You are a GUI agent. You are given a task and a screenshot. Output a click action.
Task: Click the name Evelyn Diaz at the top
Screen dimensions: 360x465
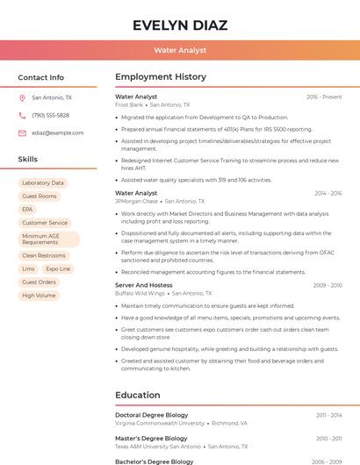pos(180,25)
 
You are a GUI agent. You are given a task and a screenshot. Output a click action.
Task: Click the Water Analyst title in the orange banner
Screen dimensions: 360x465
pos(180,51)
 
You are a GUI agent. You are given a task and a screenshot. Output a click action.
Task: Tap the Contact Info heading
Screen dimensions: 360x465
pos(41,77)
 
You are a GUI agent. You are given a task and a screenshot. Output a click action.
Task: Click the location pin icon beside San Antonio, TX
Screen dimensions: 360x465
pos(22,98)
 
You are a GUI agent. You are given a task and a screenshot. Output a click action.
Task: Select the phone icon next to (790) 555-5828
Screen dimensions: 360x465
pos(22,116)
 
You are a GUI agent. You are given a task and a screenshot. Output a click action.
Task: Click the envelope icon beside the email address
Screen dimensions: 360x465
pos(22,133)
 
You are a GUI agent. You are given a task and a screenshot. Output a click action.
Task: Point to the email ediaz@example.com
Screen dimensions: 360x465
pos(58,133)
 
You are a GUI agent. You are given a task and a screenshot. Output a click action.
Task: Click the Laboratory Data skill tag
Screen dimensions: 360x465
pos(43,183)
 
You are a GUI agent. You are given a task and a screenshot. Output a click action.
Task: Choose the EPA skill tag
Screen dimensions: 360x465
pos(27,210)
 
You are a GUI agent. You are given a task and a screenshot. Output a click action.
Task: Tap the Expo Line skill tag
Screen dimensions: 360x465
pos(58,269)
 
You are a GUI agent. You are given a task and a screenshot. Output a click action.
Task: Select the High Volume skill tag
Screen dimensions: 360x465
pos(39,296)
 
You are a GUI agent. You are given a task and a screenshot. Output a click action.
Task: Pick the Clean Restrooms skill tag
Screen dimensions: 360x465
pos(44,255)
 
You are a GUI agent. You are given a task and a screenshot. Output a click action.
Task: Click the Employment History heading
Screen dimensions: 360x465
pos(161,77)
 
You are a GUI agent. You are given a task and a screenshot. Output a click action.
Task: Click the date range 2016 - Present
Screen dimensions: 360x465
pos(324,97)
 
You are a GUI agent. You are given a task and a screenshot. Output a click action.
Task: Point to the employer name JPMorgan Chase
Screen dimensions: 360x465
pos(135,201)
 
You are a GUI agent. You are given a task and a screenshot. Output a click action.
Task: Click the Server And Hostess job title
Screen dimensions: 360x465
pos(144,285)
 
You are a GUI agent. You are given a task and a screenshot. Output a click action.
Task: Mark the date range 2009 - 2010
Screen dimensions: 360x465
pos(328,285)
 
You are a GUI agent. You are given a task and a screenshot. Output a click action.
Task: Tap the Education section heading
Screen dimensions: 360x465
pos(138,395)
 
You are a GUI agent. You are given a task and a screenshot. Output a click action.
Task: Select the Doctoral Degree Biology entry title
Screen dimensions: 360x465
pos(152,415)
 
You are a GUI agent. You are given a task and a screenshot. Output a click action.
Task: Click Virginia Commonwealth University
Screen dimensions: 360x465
pos(159,423)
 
